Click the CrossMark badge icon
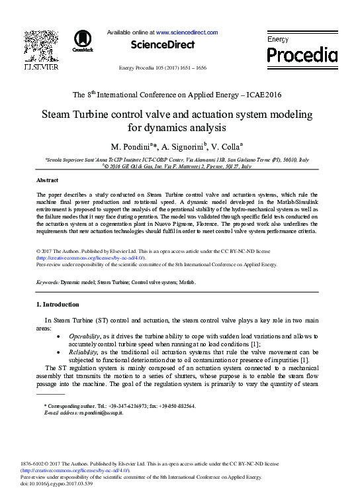pyautogui.click(x=83, y=40)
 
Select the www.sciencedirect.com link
pyautogui.click(x=187, y=32)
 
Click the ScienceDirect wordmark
pyautogui.click(x=163, y=44)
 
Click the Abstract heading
pyautogui.click(x=49, y=180)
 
